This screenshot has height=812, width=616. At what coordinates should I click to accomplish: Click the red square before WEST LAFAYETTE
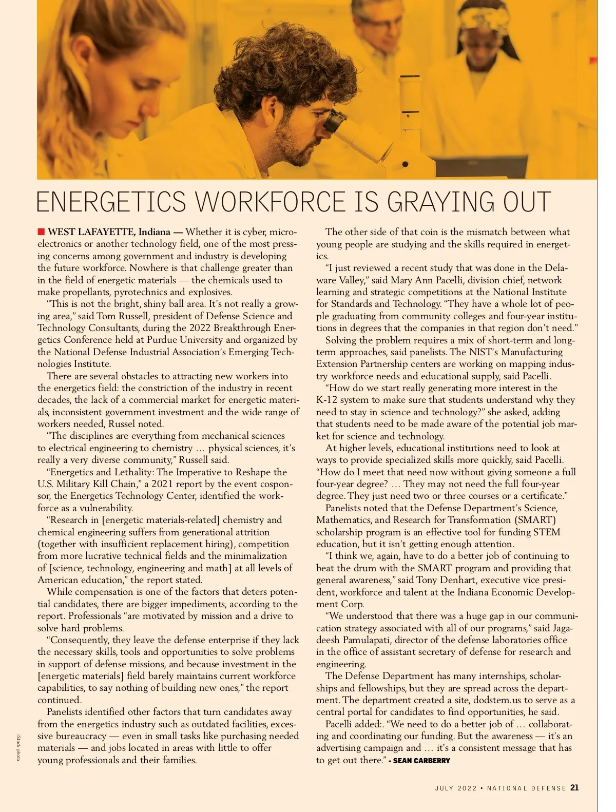(41, 232)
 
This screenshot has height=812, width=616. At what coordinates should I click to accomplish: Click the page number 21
(574, 788)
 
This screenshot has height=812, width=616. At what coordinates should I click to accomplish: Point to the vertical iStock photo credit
(18, 747)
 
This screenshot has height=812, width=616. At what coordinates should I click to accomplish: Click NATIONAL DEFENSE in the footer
(526, 788)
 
